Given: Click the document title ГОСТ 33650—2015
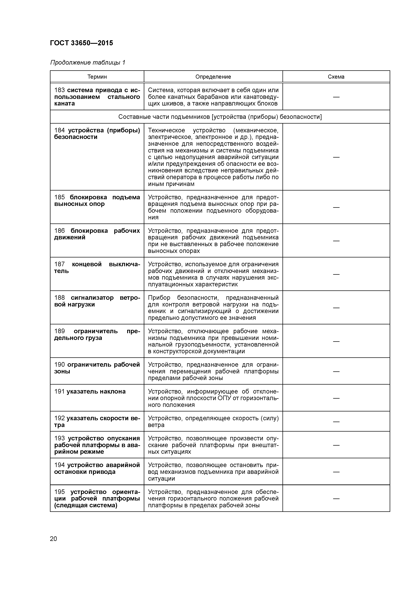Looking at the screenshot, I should pyautogui.click(x=81, y=43).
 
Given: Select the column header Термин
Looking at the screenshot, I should pyautogui.click(x=97, y=77).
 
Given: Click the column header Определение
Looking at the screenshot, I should pyautogui.click(x=213, y=77).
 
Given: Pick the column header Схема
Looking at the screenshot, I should pyautogui.click(x=336, y=77).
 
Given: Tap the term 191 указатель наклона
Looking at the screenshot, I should pyautogui.click(x=90, y=392).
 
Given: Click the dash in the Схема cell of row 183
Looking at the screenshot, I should pyautogui.click(x=336, y=97).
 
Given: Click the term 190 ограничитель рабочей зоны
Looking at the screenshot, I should pyautogui.click(x=97, y=368).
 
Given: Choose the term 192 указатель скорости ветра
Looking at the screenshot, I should pyautogui.click(x=97, y=421).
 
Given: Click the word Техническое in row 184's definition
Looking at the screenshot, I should pyautogui.click(x=166, y=131).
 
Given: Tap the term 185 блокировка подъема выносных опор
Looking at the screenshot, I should pyautogui.click(x=97, y=201).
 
